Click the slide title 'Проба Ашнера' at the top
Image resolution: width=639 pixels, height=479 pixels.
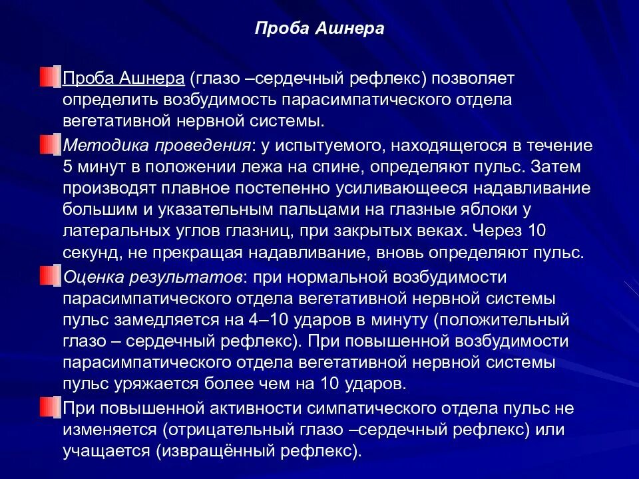point(319,30)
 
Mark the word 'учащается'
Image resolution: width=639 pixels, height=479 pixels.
point(106,451)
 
